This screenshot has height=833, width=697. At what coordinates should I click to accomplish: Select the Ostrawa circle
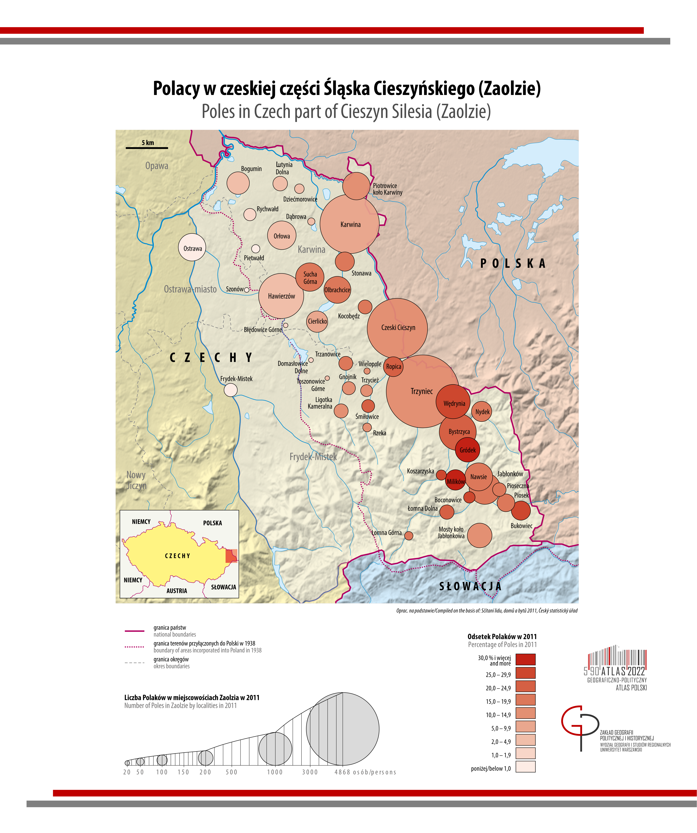(192, 248)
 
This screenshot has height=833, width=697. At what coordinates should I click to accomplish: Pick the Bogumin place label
(251, 169)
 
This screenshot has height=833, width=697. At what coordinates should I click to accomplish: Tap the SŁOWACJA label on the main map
(470, 586)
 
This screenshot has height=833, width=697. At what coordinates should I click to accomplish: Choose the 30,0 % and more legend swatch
(525, 659)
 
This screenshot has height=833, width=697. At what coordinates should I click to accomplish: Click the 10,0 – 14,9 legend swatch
(525, 713)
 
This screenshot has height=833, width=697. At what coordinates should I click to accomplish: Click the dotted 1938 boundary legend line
(134, 647)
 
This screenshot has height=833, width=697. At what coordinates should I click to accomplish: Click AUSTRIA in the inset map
(177, 591)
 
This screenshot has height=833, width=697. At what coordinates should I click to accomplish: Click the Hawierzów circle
(281, 296)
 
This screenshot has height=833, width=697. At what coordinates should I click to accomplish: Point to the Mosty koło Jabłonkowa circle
(480, 535)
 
